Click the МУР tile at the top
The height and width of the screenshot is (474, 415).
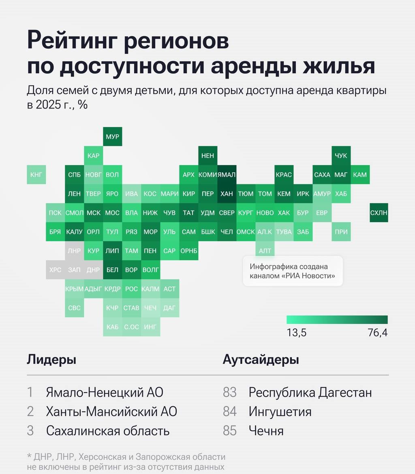pos(112,137)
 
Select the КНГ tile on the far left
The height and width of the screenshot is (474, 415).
pos(36,175)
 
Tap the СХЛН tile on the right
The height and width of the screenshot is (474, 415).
pos(379,213)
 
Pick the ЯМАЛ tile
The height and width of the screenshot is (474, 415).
pos(227,175)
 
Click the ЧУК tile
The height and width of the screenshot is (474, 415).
pos(341,156)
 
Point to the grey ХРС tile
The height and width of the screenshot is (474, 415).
pos(55,270)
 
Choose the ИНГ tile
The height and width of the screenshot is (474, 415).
pos(150,327)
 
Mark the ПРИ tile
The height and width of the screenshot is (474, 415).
pos(341,232)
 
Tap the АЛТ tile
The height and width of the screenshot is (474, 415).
pos(265,251)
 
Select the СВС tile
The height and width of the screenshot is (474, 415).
pos(75,308)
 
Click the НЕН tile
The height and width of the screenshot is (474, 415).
pos(207,156)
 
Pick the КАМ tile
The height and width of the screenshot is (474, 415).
pos(360,175)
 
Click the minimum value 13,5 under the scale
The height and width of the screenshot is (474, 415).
pos(296,333)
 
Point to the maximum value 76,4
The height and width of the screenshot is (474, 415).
pos(378,333)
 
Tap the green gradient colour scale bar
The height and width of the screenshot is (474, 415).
pos(337,320)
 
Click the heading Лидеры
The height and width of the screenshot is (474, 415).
pos(51,359)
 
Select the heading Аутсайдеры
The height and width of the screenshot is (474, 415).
pos(261,359)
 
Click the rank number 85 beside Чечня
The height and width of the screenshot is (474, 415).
pos(230,430)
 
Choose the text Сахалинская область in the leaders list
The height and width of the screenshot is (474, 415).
pos(108,430)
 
